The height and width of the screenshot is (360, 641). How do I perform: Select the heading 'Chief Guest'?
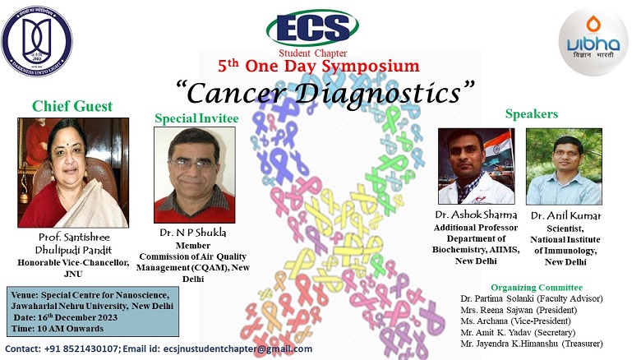pyautogui.click(x=72, y=106)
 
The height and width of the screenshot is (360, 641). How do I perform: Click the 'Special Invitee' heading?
pyautogui.click(x=196, y=119)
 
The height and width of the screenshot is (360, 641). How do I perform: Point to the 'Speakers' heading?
pyautogui.click(x=532, y=113)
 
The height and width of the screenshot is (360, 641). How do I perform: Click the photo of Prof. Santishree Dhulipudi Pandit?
pyautogui.click(x=73, y=172)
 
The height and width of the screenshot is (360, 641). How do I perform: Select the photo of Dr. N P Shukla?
pyautogui.click(x=195, y=175)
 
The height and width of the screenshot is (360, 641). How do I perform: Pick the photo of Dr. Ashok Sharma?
pyautogui.click(x=476, y=166)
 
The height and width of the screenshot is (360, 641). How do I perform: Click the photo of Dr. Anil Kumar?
pyautogui.click(x=563, y=166)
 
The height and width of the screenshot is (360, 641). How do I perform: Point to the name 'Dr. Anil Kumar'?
pyautogui.click(x=565, y=215)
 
